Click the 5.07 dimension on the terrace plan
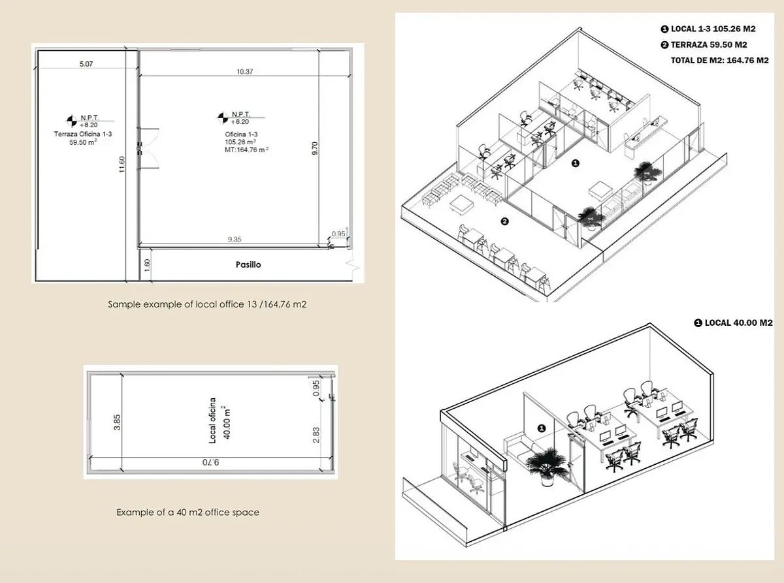tap(86, 64)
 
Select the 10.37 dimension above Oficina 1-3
tap(244, 71)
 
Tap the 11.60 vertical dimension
tap(122, 165)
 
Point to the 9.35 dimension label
tap(235, 239)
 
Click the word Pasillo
tap(248, 264)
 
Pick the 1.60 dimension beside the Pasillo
tap(148, 265)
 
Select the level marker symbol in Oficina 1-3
tap(223, 118)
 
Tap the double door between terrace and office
tap(148, 149)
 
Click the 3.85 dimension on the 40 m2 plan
tap(117, 422)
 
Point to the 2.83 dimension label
tap(316, 435)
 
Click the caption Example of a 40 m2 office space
tap(188, 512)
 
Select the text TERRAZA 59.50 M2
tap(704, 45)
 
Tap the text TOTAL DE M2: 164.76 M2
tap(720, 61)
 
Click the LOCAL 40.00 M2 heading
tap(734, 323)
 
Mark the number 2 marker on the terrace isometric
tap(505, 221)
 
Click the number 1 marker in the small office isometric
tap(541, 428)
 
